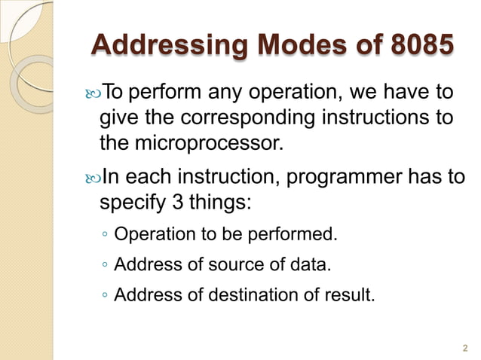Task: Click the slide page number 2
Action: point(464,346)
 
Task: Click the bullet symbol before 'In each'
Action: point(89,178)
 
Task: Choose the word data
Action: point(311,265)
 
